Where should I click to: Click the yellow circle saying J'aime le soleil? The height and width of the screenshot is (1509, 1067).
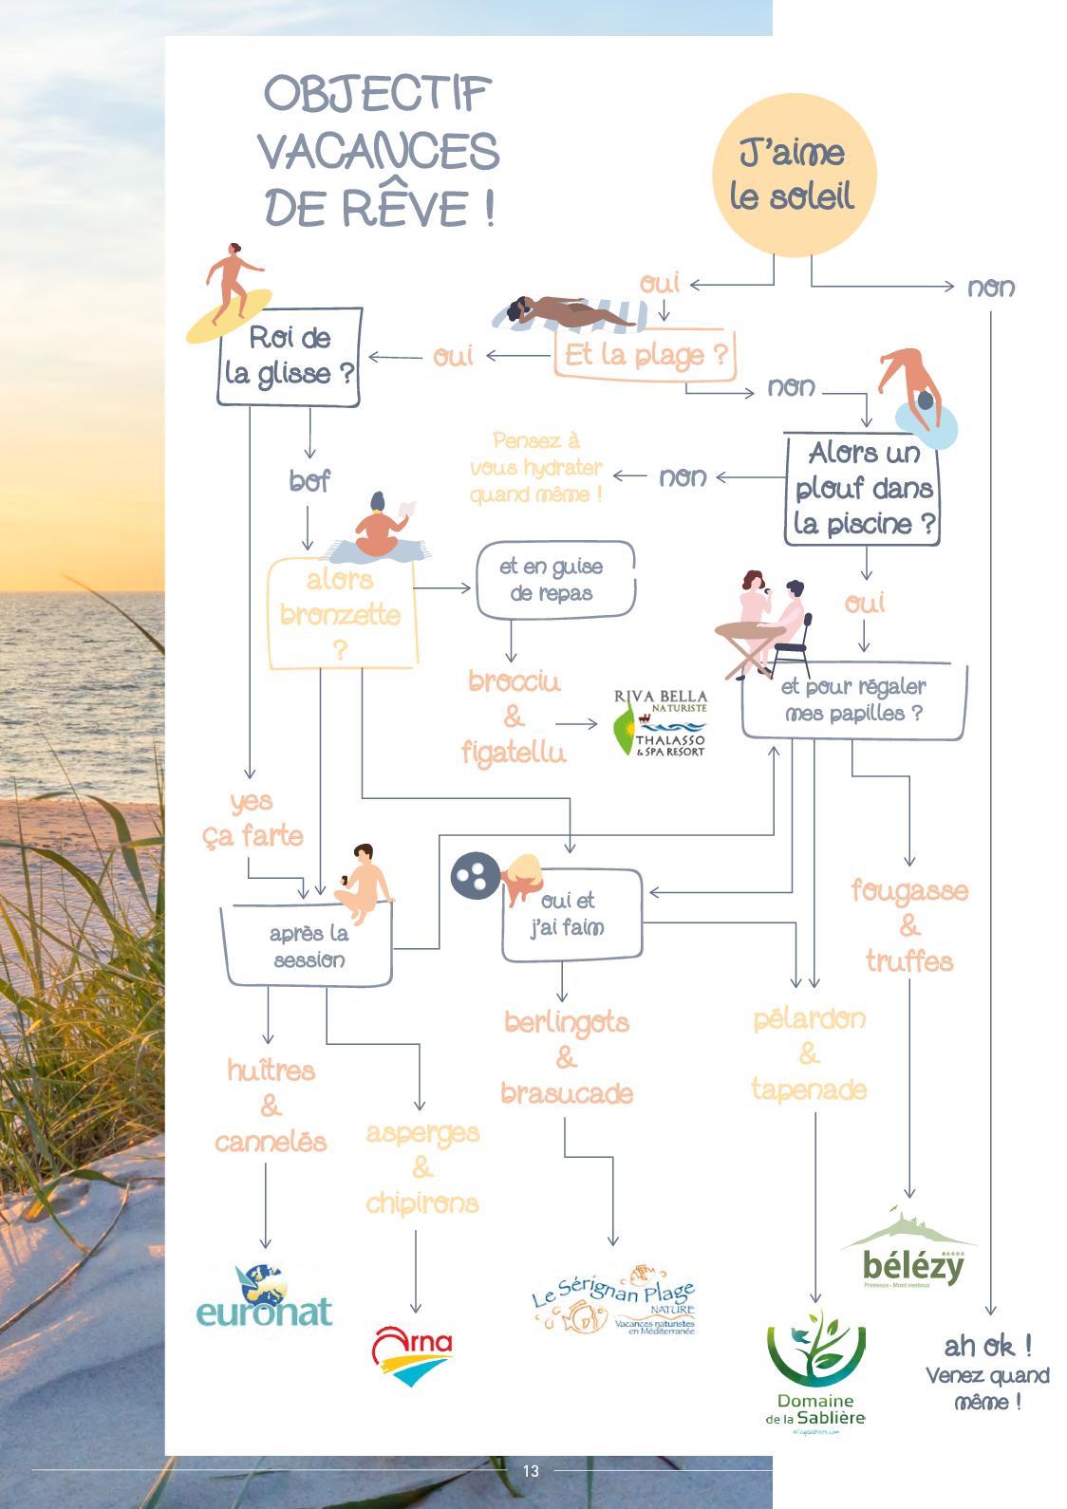[x=792, y=176]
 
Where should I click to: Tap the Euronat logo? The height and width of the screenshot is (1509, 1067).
[x=264, y=1296]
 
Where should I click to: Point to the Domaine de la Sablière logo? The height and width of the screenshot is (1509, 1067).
[x=815, y=1368]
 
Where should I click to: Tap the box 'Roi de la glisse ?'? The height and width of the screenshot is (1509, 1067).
[x=290, y=357]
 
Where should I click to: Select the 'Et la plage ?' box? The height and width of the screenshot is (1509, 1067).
[x=646, y=356]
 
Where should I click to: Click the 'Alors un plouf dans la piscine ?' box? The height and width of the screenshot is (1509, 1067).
[x=863, y=489]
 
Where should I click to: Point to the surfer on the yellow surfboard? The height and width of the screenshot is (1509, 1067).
[x=227, y=289]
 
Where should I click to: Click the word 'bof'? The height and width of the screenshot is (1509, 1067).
[x=309, y=481]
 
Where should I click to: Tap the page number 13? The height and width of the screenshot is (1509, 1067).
[x=531, y=1471]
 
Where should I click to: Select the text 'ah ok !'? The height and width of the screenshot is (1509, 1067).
[x=987, y=1346]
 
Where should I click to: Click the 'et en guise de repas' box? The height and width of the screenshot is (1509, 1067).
[x=552, y=580]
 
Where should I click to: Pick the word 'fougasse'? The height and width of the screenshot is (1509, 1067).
[x=909, y=891]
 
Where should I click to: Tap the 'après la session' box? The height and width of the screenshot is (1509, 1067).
[x=309, y=946]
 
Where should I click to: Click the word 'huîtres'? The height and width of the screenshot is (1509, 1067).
[x=271, y=1071]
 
